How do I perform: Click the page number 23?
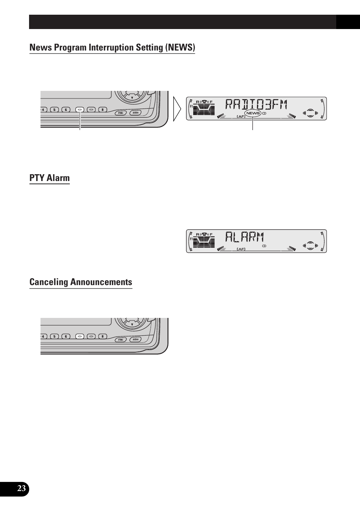(22, 489)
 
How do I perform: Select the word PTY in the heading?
(37, 178)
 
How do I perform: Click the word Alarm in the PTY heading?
(58, 178)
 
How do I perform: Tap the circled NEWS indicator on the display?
(253, 113)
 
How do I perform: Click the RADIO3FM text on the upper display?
(257, 104)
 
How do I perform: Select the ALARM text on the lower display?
(245, 237)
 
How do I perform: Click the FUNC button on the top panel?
(120, 113)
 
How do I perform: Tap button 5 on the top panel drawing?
(54, 110)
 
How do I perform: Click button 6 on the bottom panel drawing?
(66, 336)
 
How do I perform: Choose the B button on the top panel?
(103, 110)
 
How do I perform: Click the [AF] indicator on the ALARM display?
(241, 249)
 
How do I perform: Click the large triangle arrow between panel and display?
(177, 109)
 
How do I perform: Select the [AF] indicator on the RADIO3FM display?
(241, 117)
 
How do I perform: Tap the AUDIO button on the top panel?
(135, 113)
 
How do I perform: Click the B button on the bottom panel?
(103, 336)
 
